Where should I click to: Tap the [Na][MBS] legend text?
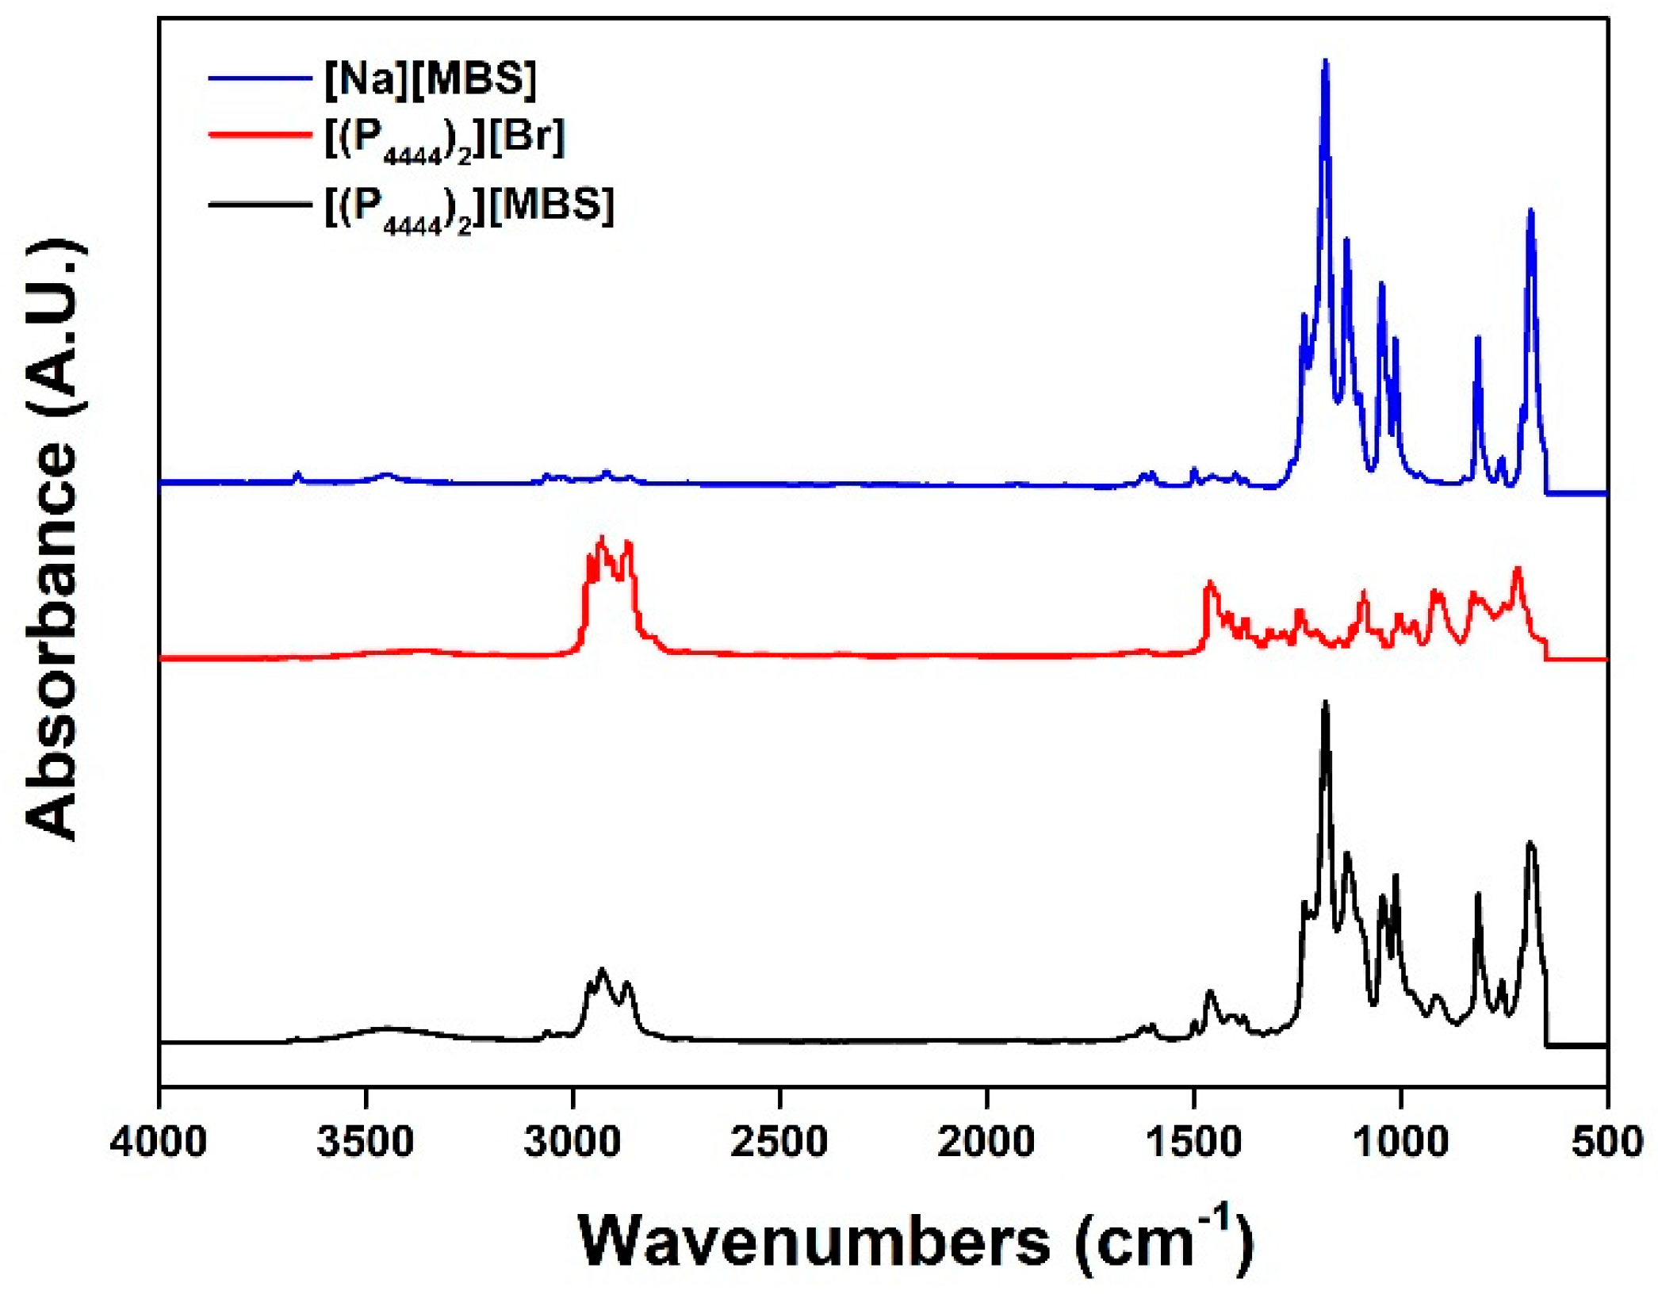point(431,79)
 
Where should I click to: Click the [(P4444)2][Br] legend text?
point(445,140)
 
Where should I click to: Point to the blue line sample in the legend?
point(260,78)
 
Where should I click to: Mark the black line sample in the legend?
point(260,205)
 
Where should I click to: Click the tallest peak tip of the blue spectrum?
point(1325,62)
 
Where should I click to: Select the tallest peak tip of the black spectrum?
point(1325,703)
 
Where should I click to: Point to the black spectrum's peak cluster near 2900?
point(603,971)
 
